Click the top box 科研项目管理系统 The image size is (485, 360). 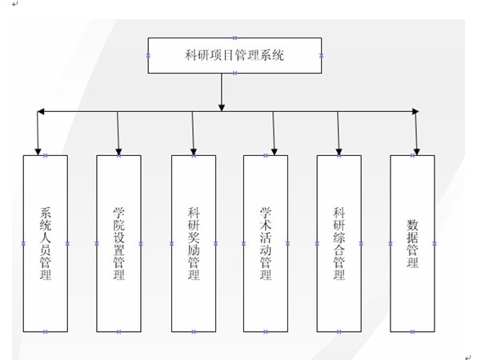[234, 55]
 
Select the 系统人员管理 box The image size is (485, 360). [46, 242]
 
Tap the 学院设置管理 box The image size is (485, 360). [118, 242]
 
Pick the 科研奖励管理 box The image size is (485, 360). [193, 242]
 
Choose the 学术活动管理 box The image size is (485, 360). [266, 242]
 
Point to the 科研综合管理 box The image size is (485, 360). [339, 242]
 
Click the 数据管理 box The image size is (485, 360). [412, 242]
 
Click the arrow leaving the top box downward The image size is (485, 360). [222, 91]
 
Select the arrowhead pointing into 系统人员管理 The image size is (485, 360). [38, 149]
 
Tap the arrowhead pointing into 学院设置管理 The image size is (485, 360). [118, 149]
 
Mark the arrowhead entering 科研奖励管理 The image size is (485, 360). [193, 149]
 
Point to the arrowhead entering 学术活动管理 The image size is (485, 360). [274, 149]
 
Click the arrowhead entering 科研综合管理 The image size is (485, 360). [339, 149]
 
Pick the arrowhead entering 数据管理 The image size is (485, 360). [416, 149]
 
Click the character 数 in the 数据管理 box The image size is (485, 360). [412, 223]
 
